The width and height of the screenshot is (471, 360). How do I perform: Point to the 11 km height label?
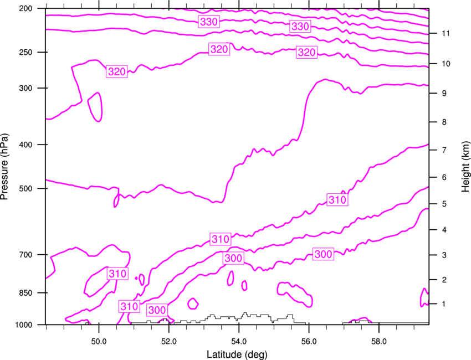pyautogui.click(x=446, y=33)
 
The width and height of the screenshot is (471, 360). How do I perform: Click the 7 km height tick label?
pyautogui.click(x=444, y=150)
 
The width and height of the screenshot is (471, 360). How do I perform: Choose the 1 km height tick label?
pyautogui.click(x=444, y=304)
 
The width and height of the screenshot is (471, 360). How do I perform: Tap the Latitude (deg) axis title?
pyautogui.click(x=237, y=354)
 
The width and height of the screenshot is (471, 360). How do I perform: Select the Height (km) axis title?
pyautogui.click(x=465, y=166)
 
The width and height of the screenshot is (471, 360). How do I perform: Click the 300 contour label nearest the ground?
pyautogui.click(x=157, y=310)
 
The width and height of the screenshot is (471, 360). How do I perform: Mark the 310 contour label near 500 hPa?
pyautogui.click(x=337, y=200)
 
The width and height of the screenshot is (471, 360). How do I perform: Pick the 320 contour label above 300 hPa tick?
pyautogui.click(x=117, y=71)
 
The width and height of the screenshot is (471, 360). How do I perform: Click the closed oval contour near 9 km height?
pyautogui.click(x=95, y=107)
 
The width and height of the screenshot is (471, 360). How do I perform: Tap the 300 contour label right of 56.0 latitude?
pyautogui.click(x=323, y=254)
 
